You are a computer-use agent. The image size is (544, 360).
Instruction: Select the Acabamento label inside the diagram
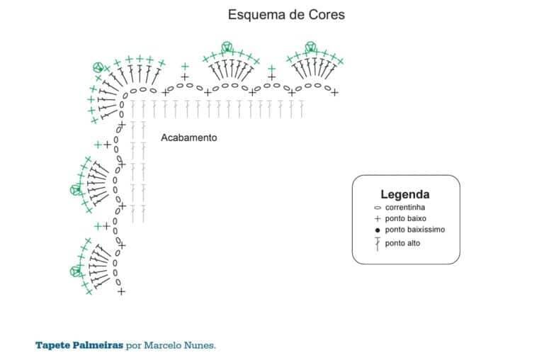pos(188,137)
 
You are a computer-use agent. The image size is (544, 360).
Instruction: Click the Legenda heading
pos(405,194)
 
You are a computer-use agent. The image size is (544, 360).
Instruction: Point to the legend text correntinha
pos(405,208)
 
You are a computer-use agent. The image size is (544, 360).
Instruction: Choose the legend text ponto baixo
pos(406,219)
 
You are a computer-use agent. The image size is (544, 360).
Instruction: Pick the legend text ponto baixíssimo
pos(415,230)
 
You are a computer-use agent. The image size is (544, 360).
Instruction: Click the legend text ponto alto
pos(402,243)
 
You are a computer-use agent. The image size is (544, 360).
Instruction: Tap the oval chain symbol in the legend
pos(378,208)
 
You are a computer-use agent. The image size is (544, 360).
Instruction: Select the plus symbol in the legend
pos(378,219)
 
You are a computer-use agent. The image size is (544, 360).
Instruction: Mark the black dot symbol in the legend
pos(378,230)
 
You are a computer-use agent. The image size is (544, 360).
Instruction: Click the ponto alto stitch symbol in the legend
pos(378,244)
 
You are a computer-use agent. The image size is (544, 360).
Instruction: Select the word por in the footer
pos(133,347)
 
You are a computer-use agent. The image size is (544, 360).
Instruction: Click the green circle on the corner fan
pos(98,67)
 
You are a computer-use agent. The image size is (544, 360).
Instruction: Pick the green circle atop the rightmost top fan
pos(310,47)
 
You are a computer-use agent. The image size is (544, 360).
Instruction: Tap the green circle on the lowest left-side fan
pos(75,271)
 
